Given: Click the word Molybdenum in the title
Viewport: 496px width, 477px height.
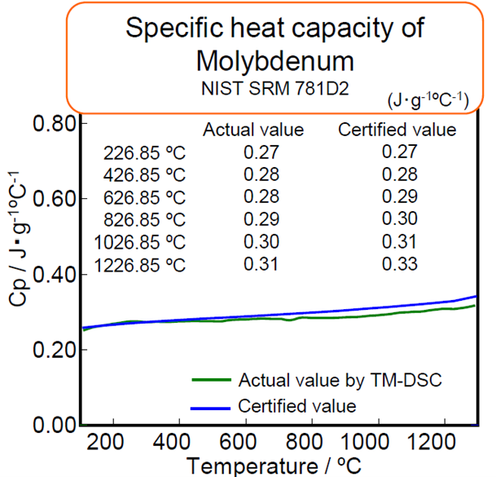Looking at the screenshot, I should (274, 60).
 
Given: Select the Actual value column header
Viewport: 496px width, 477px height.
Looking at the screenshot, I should (252, 130).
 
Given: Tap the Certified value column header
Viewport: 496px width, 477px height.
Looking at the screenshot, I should (397, 130).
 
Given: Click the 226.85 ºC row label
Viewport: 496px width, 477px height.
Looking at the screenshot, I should (145, 152).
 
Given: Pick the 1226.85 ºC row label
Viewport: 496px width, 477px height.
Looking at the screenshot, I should (139, 264).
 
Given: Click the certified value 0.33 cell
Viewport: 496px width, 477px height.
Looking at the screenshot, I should (400, 264).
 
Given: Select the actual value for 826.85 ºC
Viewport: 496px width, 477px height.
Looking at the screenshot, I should (261, 219).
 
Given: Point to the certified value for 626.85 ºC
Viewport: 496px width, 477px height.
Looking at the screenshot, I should (400, 197).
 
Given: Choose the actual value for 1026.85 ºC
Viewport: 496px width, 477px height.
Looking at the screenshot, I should (261, 241).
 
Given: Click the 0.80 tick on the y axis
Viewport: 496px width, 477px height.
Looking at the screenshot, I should (55, 124).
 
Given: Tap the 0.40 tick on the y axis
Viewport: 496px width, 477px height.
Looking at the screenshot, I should (55, 275).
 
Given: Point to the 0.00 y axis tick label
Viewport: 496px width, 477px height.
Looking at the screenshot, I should (55, 426).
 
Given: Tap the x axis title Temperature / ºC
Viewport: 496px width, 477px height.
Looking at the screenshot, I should (277, 466).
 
